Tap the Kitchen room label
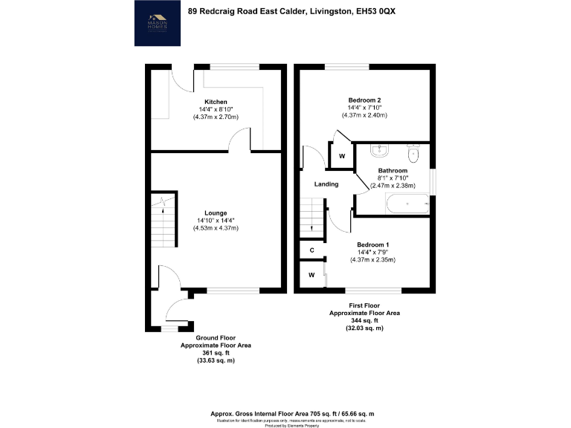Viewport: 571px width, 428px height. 216,102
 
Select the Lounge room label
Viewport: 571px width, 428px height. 216,213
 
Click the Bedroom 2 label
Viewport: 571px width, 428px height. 364,100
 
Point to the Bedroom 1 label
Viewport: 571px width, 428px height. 372,244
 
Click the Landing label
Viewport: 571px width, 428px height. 326,184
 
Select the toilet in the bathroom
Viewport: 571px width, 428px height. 414,153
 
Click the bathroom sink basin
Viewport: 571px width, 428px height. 379,151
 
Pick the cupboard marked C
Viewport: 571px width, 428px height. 312,250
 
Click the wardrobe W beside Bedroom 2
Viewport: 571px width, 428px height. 341,156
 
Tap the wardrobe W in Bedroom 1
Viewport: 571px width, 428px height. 312,276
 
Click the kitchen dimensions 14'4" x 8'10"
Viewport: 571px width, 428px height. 216,109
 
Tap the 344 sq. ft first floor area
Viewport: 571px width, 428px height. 364,321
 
